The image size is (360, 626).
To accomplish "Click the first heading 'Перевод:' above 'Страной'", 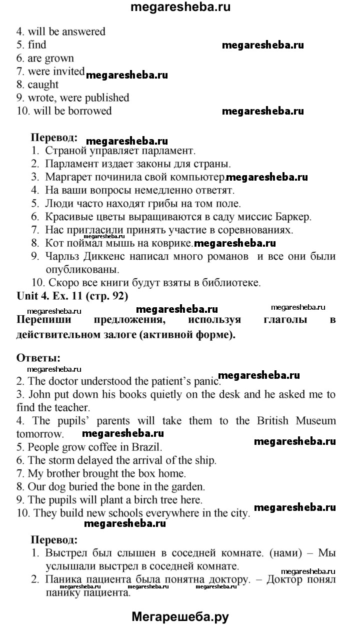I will point(54,137).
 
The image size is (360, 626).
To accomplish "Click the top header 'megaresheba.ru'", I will point(180,8).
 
